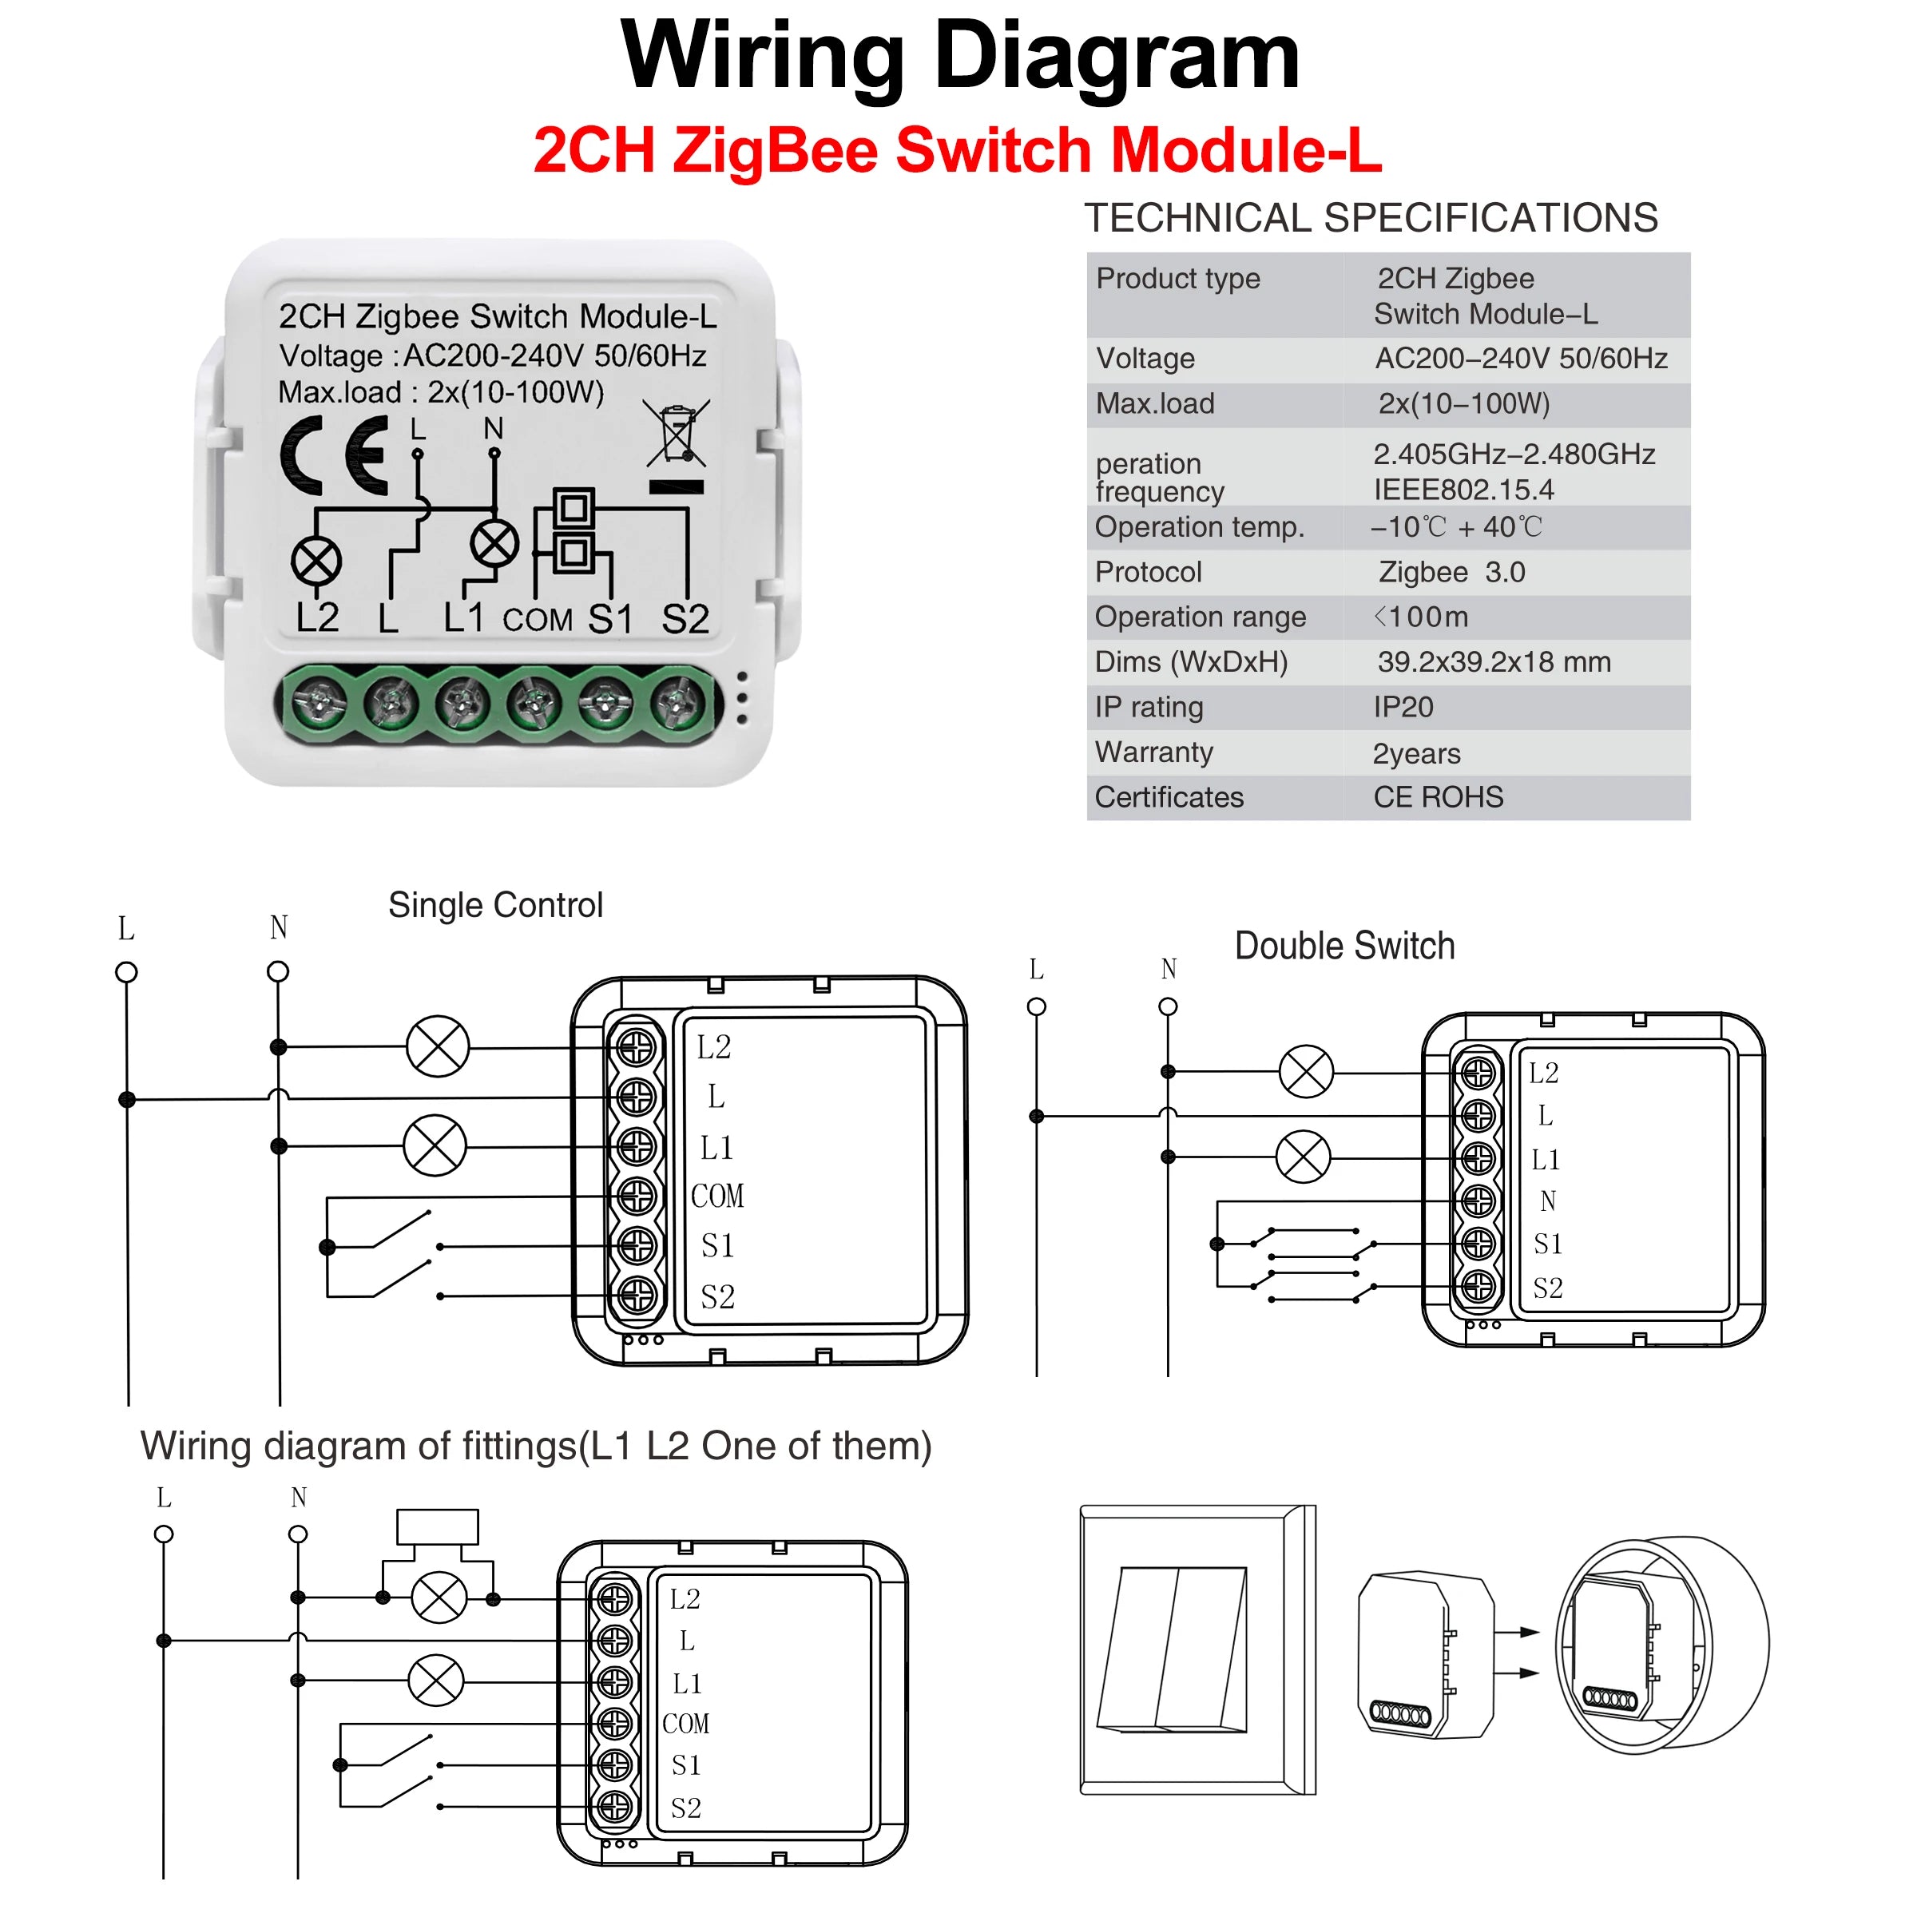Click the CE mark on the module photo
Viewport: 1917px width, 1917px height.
tap(335, 454)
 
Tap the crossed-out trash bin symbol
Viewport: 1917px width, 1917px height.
tap(677, 433)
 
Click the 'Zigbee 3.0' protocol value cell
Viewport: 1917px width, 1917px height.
tap(1451, 572)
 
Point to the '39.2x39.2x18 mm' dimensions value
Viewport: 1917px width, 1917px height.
tap(1494, 662)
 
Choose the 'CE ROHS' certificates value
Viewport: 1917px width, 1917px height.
tap(1438, 797)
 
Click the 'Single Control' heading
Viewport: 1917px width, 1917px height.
tap(495, 905)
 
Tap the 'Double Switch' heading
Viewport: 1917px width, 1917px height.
tap(1343, 946)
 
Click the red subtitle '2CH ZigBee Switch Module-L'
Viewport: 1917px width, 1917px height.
tap(957, 150)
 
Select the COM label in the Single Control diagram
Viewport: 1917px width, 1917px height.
tap(716, 1196)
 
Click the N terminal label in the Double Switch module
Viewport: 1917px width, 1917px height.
tap(1547, 1201)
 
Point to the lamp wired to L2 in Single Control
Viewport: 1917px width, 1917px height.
tap(438, 1047)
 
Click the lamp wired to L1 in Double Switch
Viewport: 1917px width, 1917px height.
tap(1302, 1157)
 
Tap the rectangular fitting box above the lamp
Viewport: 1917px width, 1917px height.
tap(438, 1527)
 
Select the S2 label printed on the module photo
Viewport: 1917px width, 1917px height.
tap(685, 619)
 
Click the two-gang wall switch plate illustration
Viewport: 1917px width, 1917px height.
tap(1196, 1649)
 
